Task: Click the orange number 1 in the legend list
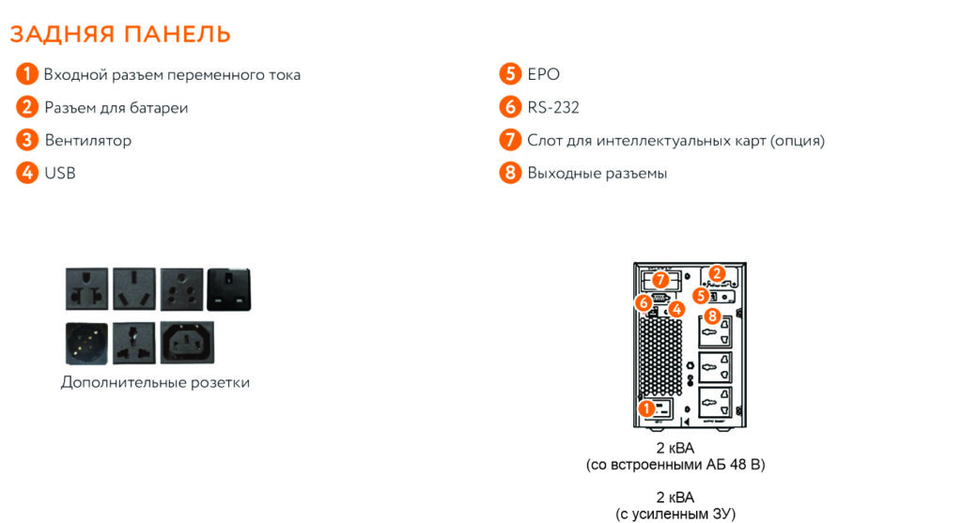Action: pos(27,74)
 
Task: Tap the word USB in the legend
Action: pos(60,174)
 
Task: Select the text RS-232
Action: pos(552,107)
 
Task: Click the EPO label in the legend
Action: pos(544,74)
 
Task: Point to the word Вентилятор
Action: pos(87,141)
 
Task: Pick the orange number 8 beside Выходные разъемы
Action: pos(510,173)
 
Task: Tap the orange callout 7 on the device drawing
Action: pos(660,280)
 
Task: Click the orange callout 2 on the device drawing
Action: pos(717,273)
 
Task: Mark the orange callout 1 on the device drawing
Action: pos(646,408)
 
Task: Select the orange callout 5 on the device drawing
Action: pos(701,296)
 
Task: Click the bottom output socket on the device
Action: pos(715,402)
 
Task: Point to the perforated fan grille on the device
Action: pos(661,356)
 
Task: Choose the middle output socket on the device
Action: pos(715,367)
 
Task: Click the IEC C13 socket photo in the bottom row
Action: pos(187,342)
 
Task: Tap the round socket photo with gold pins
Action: pos(86,344)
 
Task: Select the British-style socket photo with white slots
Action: pos(229,289)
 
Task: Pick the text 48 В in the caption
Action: pos(745,464)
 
